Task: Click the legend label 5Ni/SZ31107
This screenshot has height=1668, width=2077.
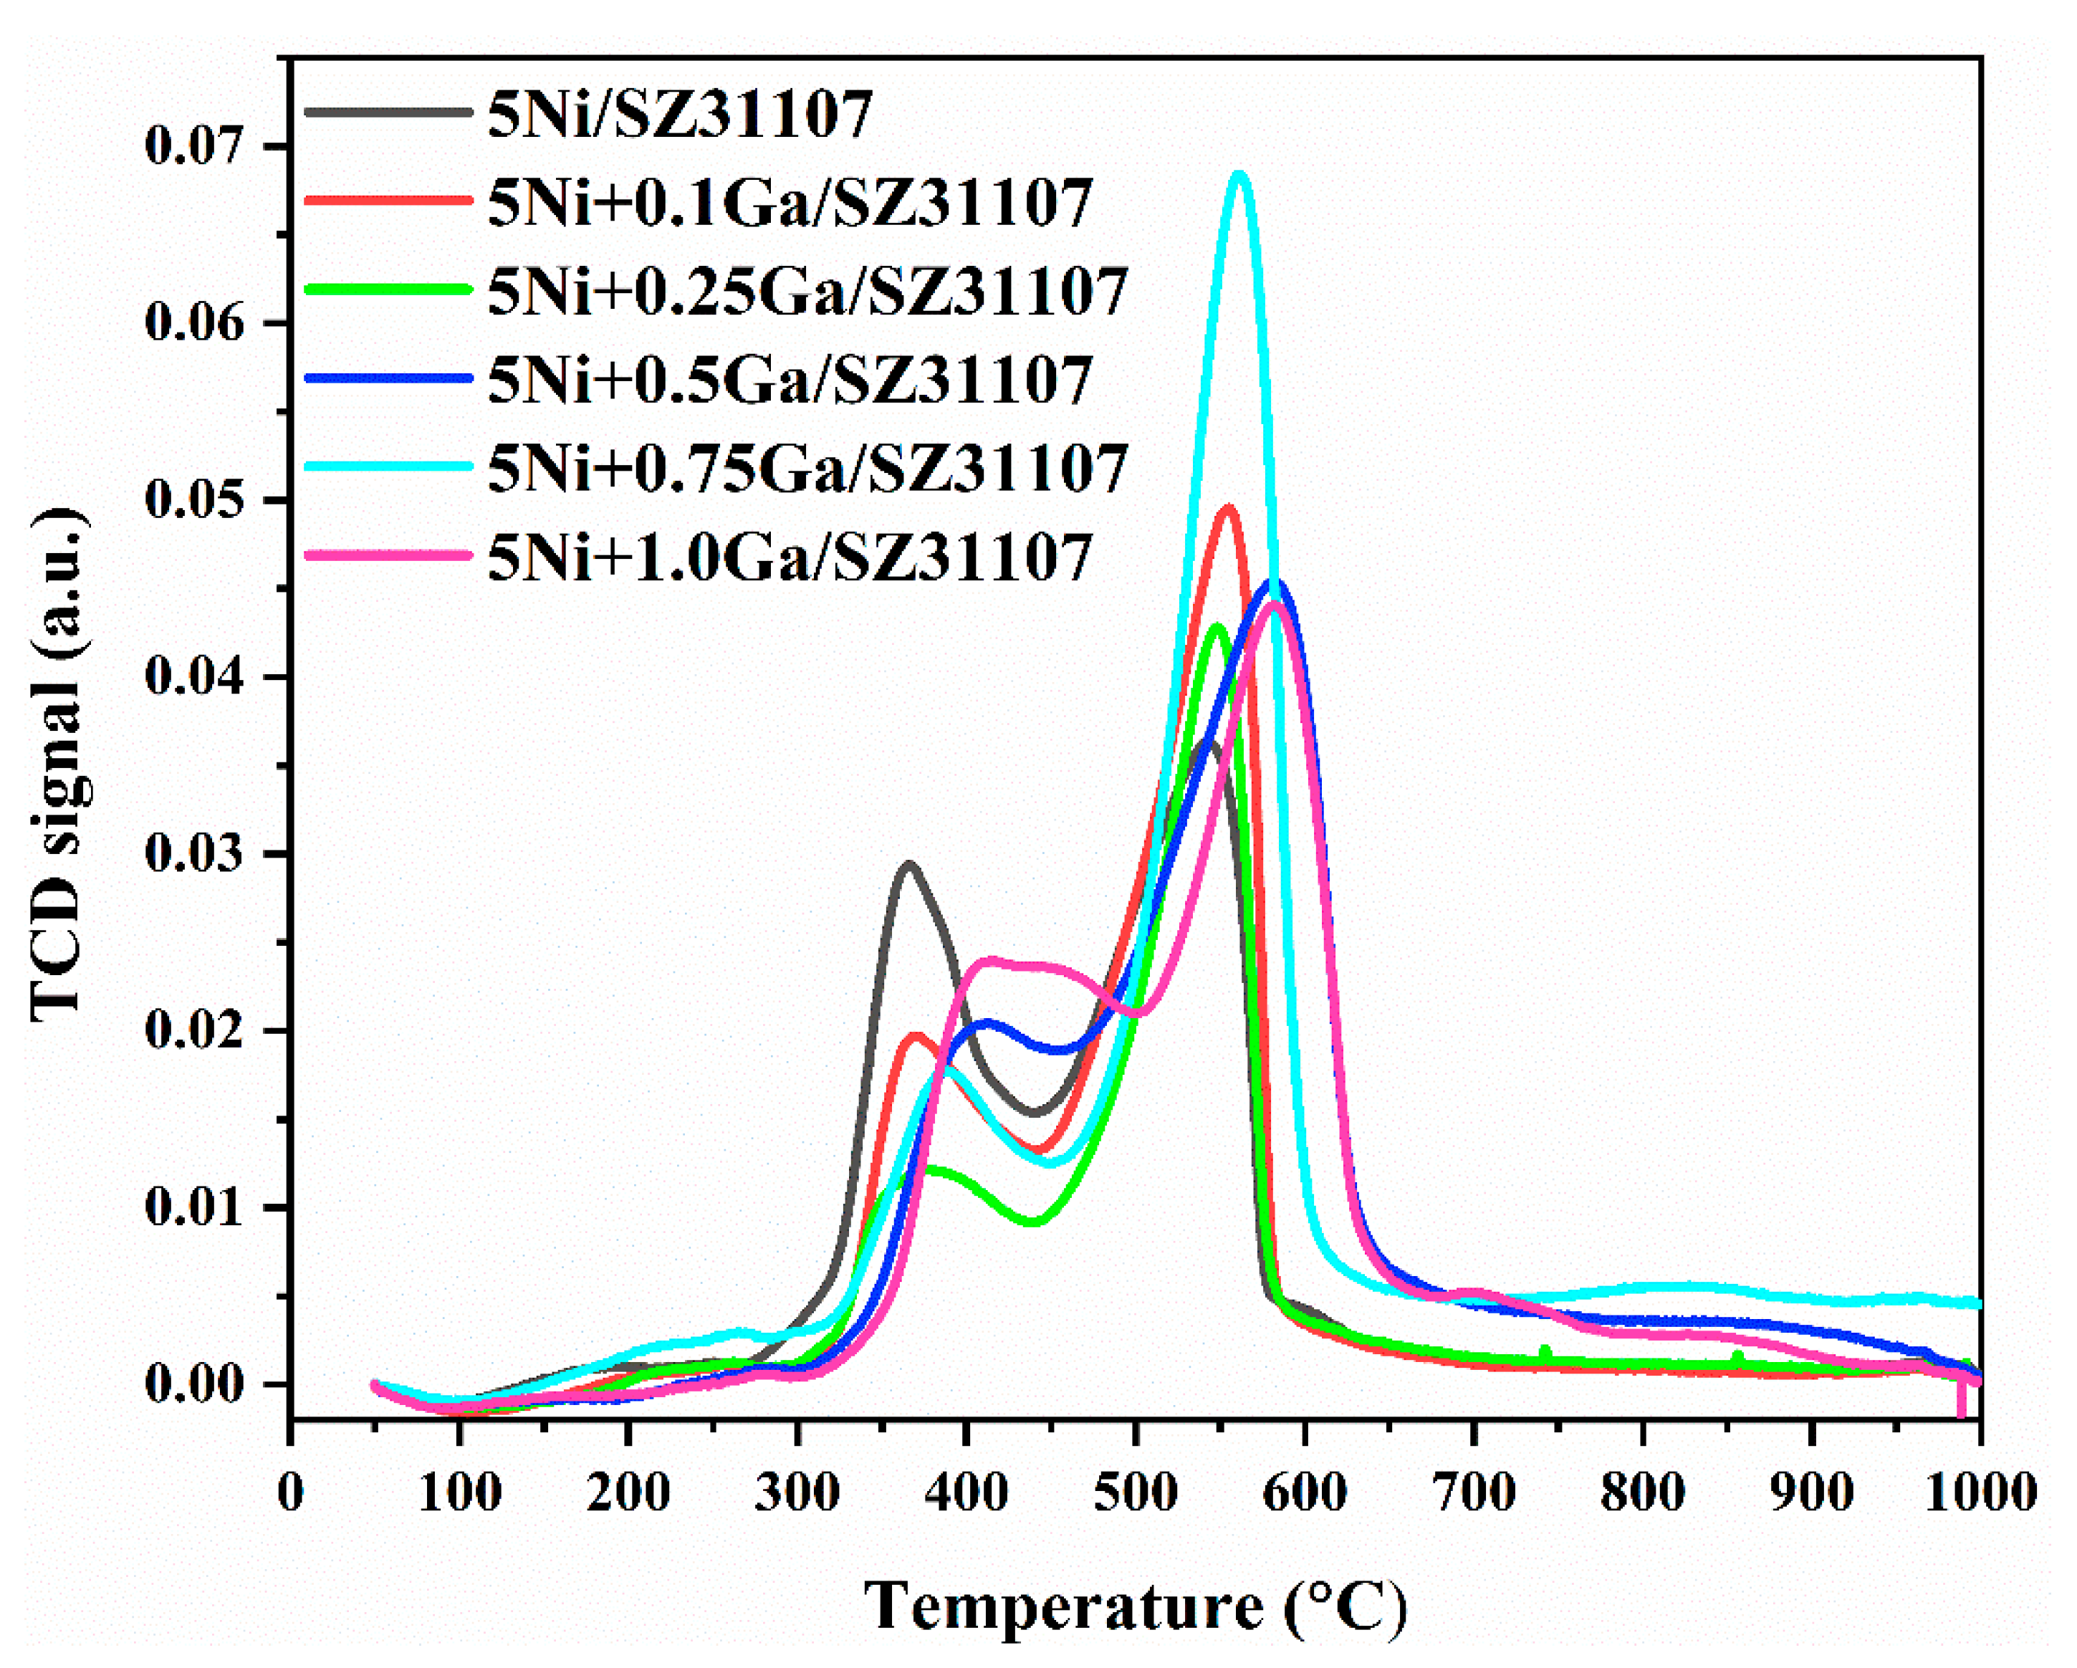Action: (679, 114)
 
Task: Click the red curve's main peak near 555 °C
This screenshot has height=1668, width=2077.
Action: (1227, 508)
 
